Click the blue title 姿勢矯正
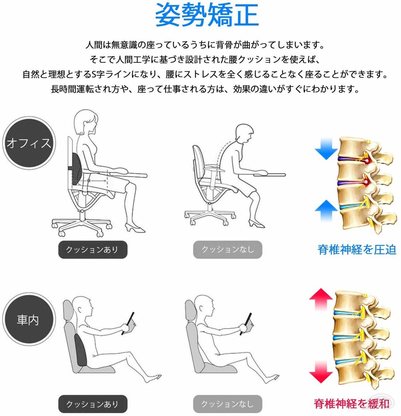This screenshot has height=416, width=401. [207, 15]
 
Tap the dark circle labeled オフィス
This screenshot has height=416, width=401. [29, 143]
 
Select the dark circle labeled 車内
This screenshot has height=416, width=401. [29, 320]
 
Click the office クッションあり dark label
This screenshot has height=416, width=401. [93, 249]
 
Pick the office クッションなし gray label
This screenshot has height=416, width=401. [227, 249]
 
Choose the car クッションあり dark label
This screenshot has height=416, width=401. [93, 404]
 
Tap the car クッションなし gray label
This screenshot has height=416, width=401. [227, 404]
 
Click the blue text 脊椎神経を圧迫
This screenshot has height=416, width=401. [357, 250]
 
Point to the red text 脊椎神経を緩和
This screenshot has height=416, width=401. [352, 404]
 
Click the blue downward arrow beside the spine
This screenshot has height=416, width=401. [326, 149]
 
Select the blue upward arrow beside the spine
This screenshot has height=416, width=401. [326, 211]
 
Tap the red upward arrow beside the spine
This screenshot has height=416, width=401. [321, 299]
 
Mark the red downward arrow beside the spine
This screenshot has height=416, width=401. [321, 372]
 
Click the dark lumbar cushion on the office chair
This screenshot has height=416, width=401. [77, 170]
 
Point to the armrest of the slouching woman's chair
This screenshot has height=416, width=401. [215, 168]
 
